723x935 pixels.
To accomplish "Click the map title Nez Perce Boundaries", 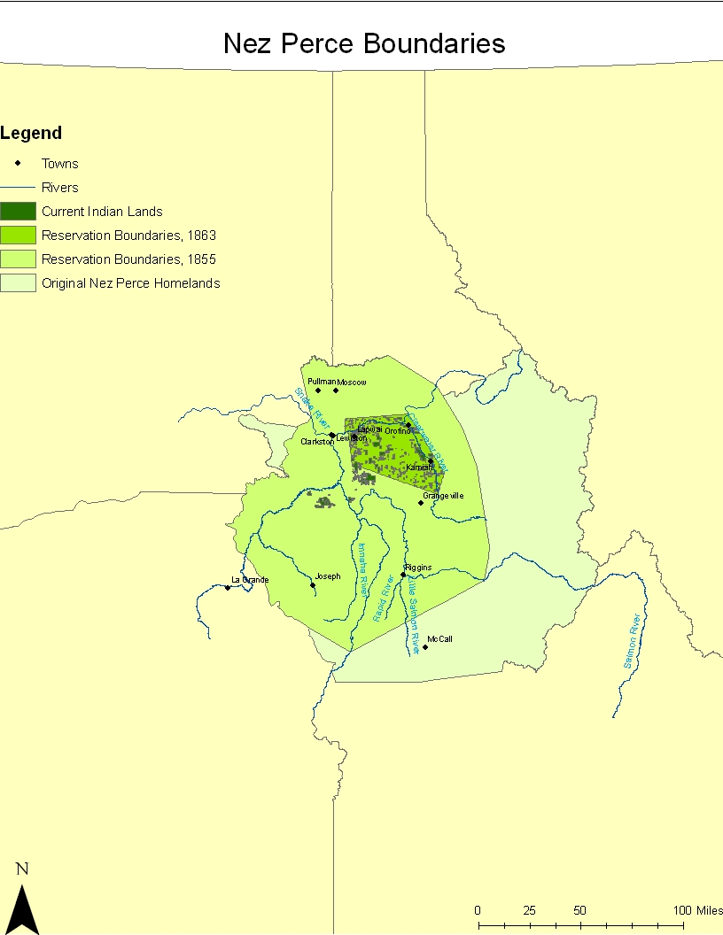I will coord(364,43).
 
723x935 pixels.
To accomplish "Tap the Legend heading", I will coord(31,134).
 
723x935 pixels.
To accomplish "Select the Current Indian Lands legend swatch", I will coord(18,212).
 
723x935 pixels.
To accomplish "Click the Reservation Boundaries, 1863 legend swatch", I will coord(18,236).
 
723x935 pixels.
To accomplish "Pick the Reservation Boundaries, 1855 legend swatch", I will coord(18,259).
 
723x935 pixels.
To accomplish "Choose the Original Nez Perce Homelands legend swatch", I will coord(18,283).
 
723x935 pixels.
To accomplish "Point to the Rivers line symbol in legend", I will coord(18,188).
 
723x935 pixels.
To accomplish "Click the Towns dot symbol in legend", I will coord(18,163).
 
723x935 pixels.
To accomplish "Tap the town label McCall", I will coord(439,638).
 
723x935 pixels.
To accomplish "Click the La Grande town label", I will coord(249,580).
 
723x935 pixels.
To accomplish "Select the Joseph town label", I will coord(328,576).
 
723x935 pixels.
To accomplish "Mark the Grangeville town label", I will coord(443,496).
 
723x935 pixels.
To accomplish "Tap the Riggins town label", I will coord(418,567).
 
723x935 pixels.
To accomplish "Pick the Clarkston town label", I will coord(316,441).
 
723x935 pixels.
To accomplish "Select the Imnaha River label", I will coord(361,568).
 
